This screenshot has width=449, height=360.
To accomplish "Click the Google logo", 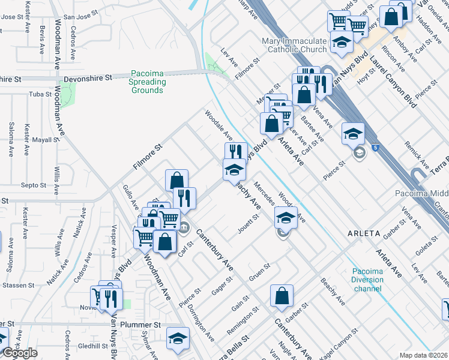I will pos(19,353).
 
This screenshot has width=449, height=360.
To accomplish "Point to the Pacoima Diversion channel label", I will pos(367,280).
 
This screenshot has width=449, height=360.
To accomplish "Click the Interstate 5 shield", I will pos(373,146).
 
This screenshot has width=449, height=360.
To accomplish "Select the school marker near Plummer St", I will pos(177,338).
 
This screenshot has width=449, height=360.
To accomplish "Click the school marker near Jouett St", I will pos(286,217).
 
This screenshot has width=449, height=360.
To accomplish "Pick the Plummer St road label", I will pos(148,324).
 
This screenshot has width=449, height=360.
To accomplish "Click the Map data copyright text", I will pos(424,355).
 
